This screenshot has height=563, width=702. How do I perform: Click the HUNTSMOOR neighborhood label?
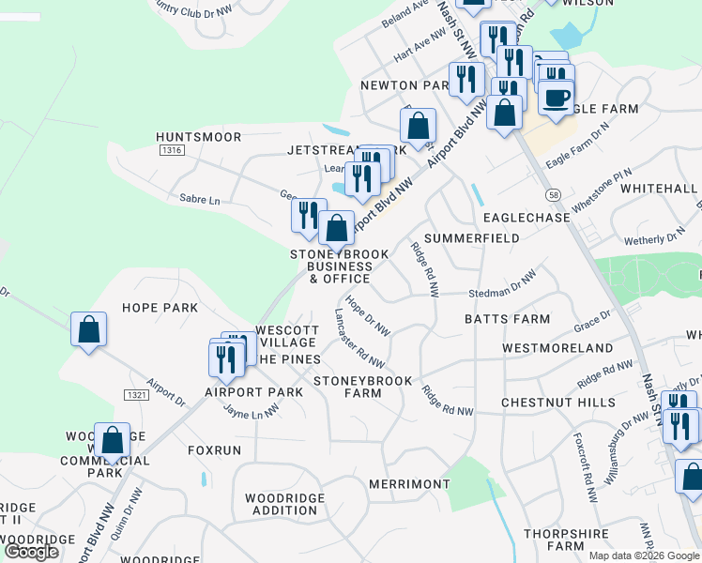click(199, 137)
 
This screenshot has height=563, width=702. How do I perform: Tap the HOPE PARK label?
click(160, 308)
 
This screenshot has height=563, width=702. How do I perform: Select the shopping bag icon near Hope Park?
click(88, 329)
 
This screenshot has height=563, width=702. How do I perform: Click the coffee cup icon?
click(556, 97)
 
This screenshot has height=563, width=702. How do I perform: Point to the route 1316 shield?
click(171, 150)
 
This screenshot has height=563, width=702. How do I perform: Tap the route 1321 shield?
click(136, 395)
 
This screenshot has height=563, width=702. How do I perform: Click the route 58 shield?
click(555, 193)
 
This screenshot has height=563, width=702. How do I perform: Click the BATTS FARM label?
click(507, 319)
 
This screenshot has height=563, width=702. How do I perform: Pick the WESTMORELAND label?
click(557, 348)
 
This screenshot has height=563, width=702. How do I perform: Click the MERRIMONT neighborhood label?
click(410, 483)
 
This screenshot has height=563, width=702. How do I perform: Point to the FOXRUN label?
click(214, 450)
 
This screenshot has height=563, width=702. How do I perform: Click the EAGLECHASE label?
click(526, 218)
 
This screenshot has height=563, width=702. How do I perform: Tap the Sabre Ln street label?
click(199, 200)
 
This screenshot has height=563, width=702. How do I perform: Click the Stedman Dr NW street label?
click(502, 284)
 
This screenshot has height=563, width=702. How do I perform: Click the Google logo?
click(31, 552)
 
